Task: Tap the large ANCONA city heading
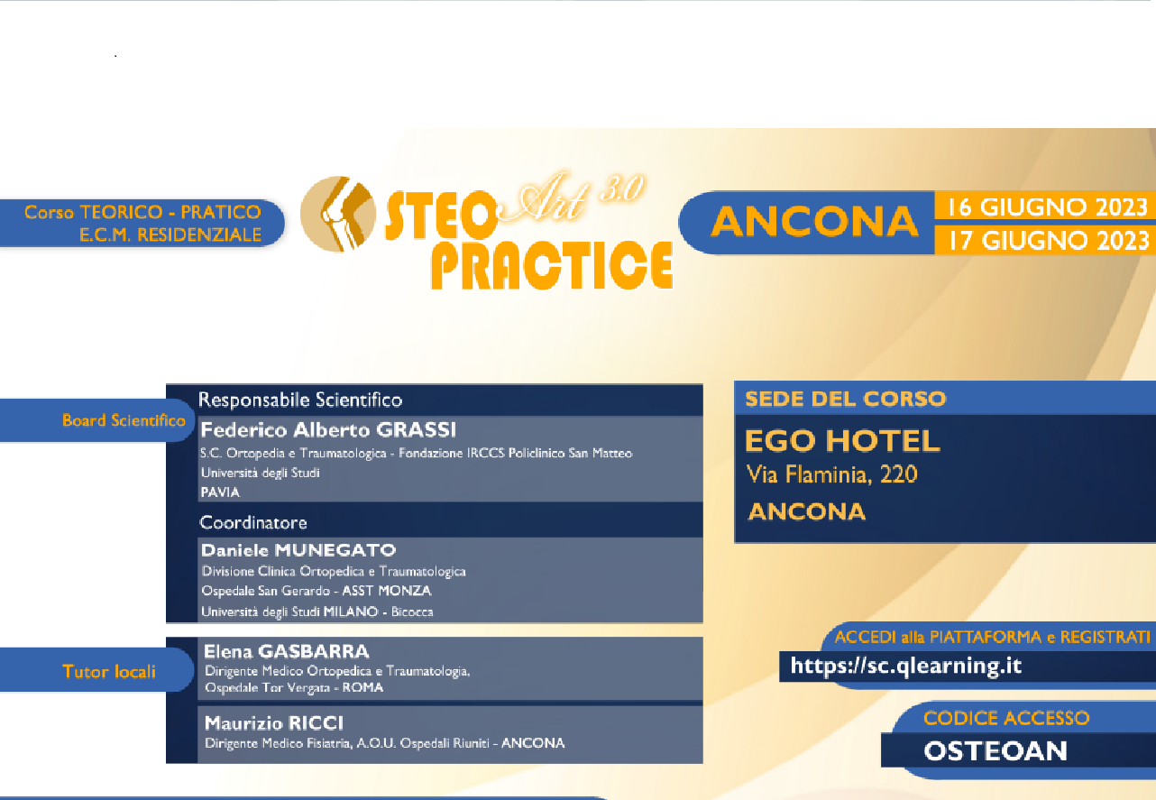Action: [813, 223]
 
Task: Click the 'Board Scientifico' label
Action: [124, 420]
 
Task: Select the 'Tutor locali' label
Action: [109, 671]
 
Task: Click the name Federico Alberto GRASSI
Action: [328, 429]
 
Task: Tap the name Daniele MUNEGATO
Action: [298, 550]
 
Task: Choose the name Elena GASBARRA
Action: [287, 651]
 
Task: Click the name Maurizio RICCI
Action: [274, 722]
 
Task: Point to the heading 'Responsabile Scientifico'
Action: [300, 400]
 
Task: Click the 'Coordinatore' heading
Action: [253, 522]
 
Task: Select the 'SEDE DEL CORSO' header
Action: [845, 399]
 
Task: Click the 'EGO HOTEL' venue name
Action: [842, 441]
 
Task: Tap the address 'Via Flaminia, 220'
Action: [831, 474]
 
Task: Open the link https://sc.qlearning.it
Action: [905, 666]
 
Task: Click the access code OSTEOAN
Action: [995, 750]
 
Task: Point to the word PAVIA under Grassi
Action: [220, 492]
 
